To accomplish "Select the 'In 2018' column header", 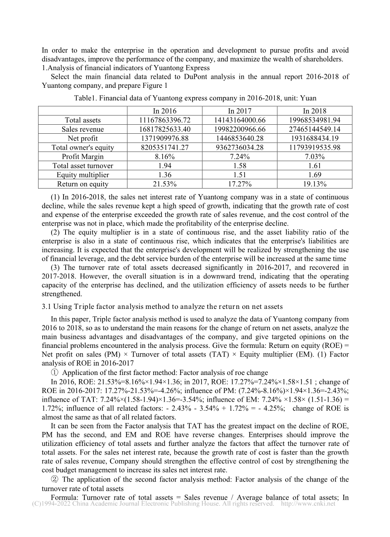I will tap(315, 111).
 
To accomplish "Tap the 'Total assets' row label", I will tap(83, 120).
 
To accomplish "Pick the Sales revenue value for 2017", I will tap(240, 129).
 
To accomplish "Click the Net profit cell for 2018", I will tap(315, 138).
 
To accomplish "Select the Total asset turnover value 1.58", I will tap(240, 166).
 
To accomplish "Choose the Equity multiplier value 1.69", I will tap(315, 175).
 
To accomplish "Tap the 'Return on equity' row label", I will tap(83, 184).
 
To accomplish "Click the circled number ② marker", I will tap(54, 480).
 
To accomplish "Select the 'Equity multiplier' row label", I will tap(83, 175).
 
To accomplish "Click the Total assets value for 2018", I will tap(315, 120).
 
